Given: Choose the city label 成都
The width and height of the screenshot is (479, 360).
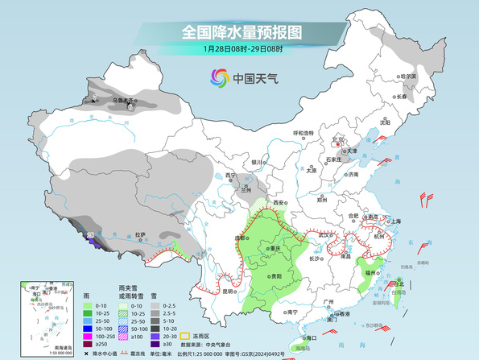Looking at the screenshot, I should (x=242, y=238).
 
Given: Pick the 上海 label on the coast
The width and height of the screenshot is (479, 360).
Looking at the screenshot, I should (x=395, y=220).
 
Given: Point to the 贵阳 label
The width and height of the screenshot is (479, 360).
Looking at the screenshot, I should (x=276, y=275).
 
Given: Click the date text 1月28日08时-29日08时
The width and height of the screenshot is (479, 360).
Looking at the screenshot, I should (x=241, y=49).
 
